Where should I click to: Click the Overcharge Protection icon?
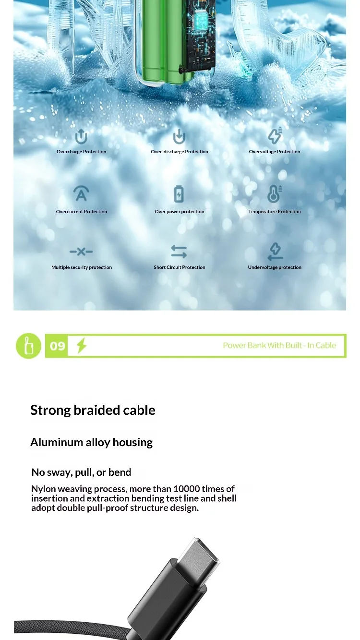click(81, 136)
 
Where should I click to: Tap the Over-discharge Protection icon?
click(179, 136)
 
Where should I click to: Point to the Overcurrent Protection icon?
click(81, 193)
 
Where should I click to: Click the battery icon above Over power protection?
click(179, 194)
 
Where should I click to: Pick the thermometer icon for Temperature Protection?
click(275, 193)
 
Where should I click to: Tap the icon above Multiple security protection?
click(81, 252)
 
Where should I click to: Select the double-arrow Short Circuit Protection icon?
click(179, 252)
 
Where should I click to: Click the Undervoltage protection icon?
click(275, 252)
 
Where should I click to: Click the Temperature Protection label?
click(274, 211)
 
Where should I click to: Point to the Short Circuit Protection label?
click(180, 267)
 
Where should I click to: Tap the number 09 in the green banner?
click(58, 346)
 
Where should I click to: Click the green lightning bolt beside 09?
click(82, 345)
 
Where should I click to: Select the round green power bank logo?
click(28, 346)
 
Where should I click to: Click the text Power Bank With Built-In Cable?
click(279, 345)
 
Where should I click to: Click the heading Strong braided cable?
click(93, 410)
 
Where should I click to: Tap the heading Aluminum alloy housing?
click(91, 442)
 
